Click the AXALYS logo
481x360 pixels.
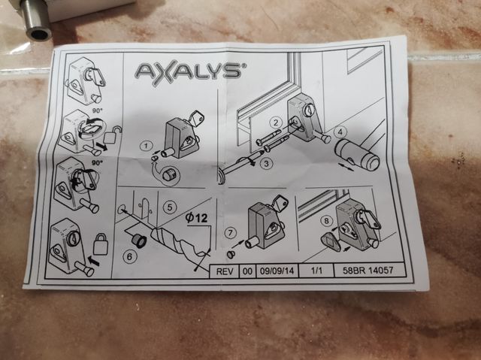189,72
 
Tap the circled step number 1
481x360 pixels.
147,145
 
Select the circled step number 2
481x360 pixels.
276,123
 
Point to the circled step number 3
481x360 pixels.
266,163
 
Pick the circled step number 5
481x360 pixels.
170,207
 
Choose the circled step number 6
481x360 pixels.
129,257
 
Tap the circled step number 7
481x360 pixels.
230,233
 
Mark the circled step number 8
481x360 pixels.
326,221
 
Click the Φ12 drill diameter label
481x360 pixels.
197,218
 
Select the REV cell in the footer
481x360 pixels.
225,271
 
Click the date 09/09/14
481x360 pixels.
277,271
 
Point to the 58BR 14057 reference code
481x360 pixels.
368,270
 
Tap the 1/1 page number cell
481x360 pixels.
316,271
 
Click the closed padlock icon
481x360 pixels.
101,244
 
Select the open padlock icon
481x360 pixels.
112,135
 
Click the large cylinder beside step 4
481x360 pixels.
356,154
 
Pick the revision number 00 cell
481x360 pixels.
247,271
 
